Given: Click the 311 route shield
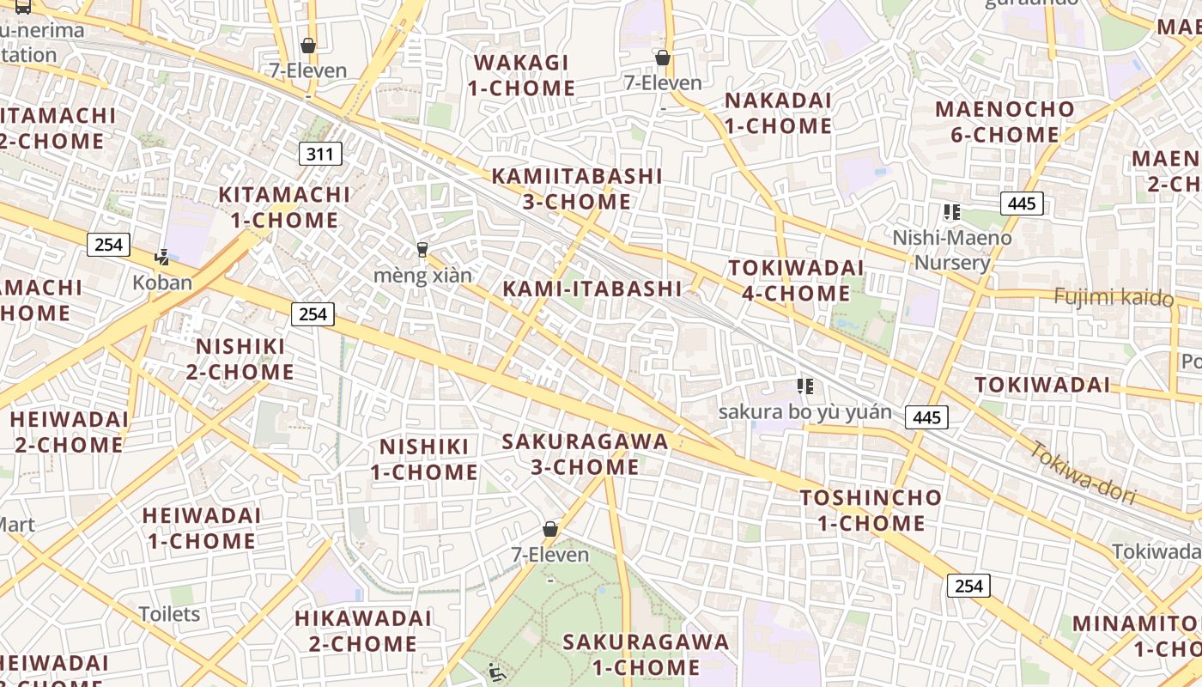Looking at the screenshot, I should coord(320,155).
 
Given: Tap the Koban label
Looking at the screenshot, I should coord(162,283).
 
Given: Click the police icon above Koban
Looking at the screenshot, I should coord(161,256).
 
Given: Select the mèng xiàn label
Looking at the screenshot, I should coord(422,276).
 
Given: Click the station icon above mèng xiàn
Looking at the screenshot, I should coord(422,250).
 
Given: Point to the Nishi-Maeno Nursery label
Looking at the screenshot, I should coord(952,250).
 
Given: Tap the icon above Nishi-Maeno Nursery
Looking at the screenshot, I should coord(950,212).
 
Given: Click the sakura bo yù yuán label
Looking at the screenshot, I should coord(804,412).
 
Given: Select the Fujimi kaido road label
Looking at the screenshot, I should coord(1113,297).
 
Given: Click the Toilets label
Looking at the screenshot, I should coord(169,614).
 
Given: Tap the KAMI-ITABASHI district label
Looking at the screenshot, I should coord(592,289).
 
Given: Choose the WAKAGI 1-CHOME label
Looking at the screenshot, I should coord(521,76).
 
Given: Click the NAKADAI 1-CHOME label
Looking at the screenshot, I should coord(778,113).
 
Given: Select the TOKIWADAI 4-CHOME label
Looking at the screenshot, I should coord(796,281).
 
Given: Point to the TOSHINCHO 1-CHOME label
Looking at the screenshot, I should coord(871,510).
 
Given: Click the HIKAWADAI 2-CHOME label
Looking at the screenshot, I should coord(362,631).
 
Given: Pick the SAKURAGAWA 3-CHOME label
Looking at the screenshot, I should coord(585,454).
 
